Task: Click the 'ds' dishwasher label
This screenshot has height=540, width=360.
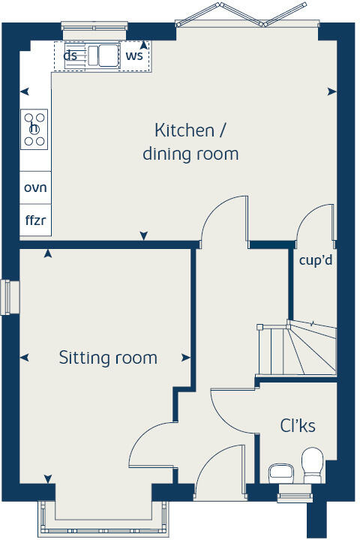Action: click(70, 55)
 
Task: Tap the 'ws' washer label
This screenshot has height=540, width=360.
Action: click(134, 55)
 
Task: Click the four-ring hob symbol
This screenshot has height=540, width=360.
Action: click(35, 128)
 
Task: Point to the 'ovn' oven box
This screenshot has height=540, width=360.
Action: click(35, 187)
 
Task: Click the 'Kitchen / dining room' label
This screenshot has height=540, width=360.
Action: click(190, 142)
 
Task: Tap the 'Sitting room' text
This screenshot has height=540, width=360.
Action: click(108, 358)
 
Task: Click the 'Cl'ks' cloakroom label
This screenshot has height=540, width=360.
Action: click(298, 426)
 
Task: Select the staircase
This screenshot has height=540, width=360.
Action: click(296, 349)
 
